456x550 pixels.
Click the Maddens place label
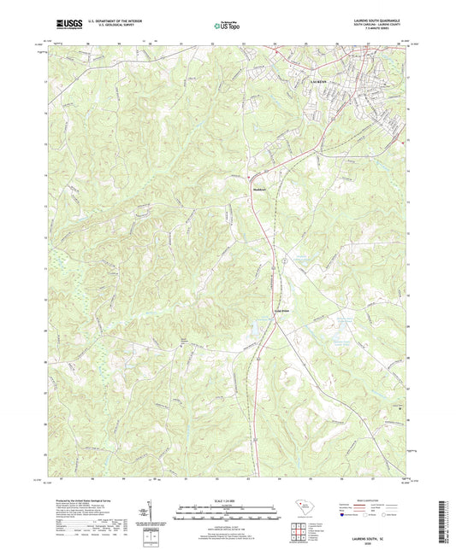tap(260, 189)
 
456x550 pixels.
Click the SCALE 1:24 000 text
tap(227, 500)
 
